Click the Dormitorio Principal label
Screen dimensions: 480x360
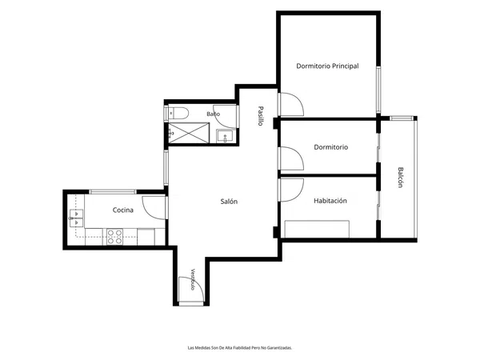(x=327, y=66)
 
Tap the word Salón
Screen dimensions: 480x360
(x=229, y=202)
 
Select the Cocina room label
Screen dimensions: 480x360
(x=122, y=210)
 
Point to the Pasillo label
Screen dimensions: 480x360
(x=261, y=116)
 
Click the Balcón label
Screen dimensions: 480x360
(x=401, y=177)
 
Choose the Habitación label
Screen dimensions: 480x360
(x=330, y=201)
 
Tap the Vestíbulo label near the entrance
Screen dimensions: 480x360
(x=193, y=279)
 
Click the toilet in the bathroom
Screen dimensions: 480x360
(x=178, y=114)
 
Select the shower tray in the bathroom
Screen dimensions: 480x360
(x=189, y=133)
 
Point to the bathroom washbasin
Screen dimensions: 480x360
(x=226, y=136)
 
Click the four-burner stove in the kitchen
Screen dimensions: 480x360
(x=114, y=237)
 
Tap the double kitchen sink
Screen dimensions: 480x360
(x=76, y=218)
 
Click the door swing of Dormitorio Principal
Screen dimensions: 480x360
(x=291, y=104)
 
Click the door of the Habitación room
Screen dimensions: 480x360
(x=291, y=190)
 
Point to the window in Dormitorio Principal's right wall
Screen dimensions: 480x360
(x=378, y=90)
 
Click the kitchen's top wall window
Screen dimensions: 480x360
(x=113, y=192)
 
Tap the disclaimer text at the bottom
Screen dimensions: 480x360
(x=240, y=348)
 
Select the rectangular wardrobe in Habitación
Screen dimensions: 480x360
(x=317, y=229)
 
